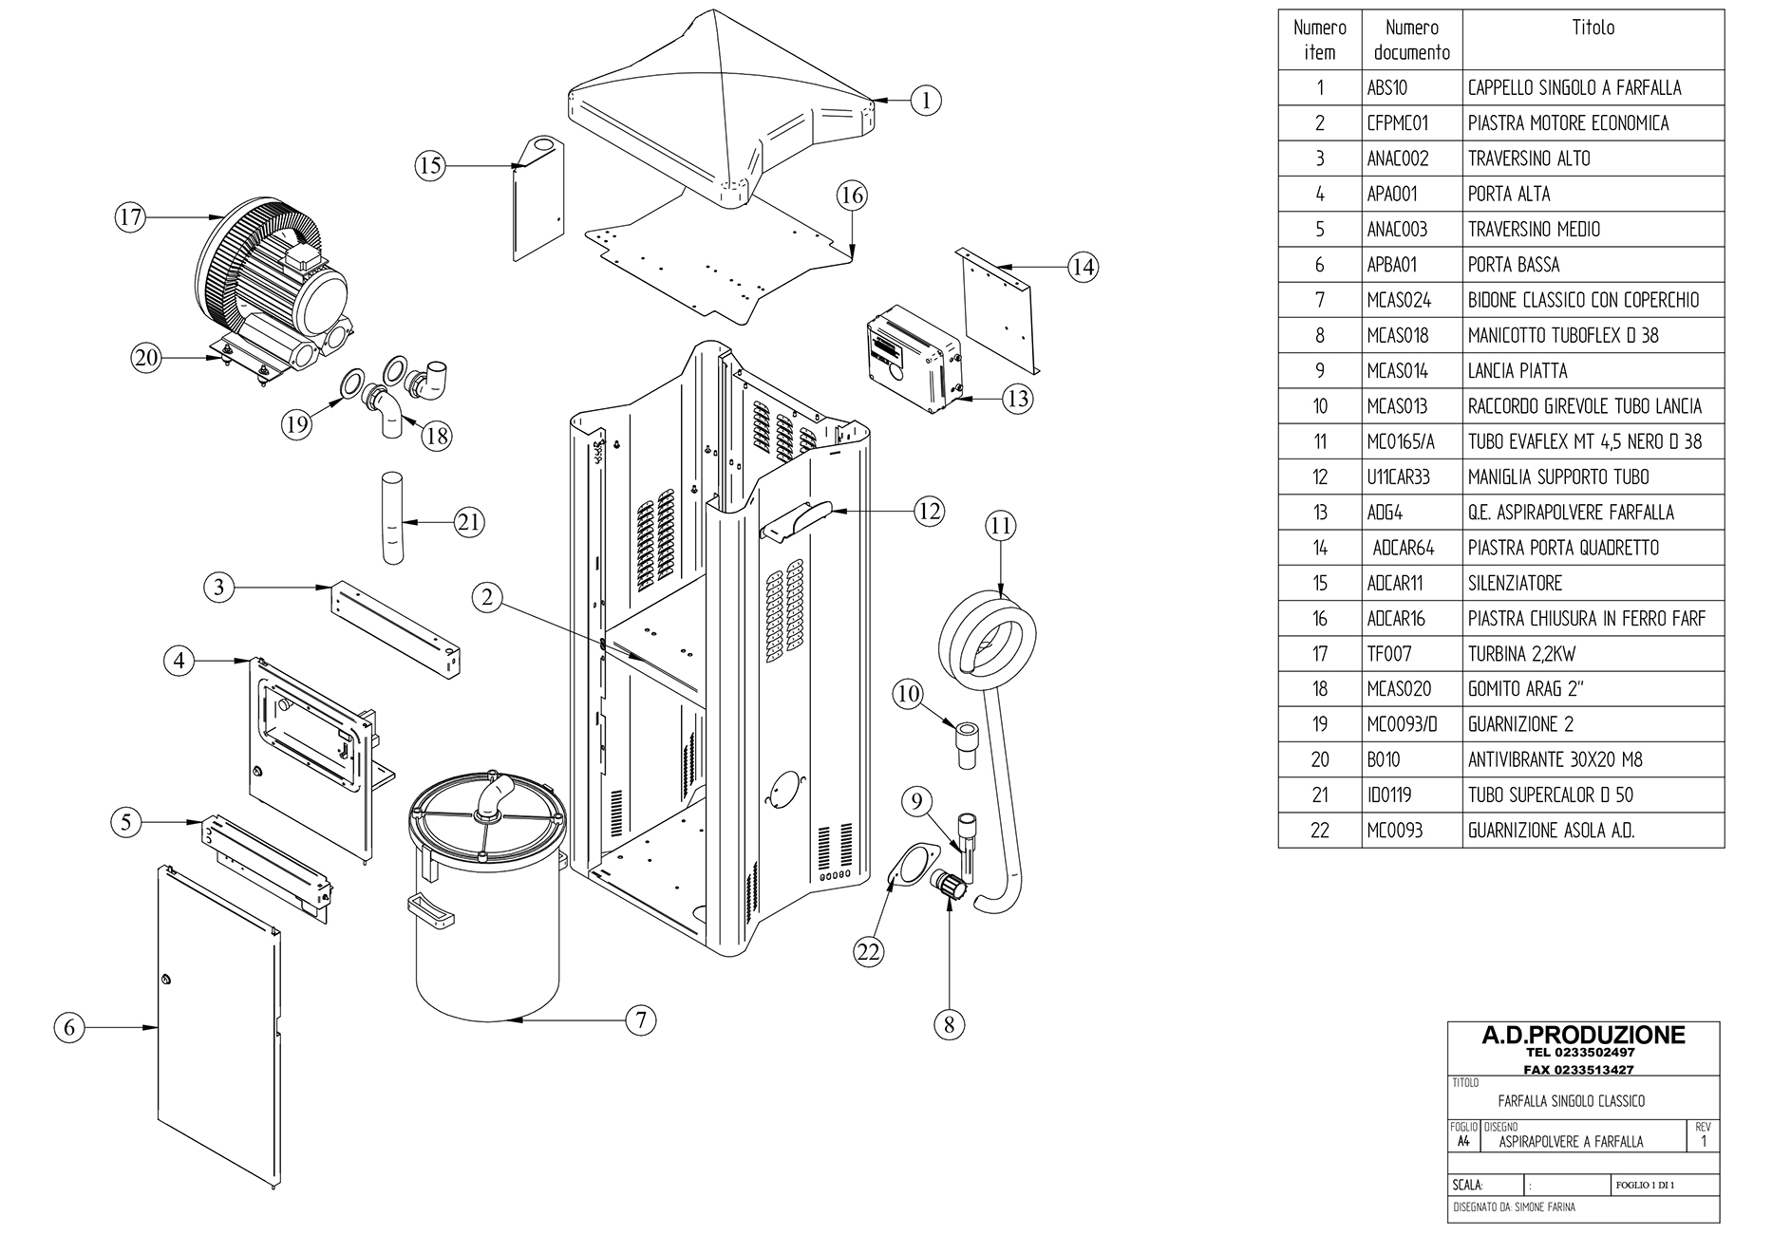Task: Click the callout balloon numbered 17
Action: [130, 217]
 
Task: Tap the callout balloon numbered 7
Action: [641, 1020]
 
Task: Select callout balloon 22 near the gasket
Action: [869, 951]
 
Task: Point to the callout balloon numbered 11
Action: [1000, 526]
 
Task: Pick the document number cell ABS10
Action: [1387, 88]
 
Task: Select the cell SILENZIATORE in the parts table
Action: [1515, 583]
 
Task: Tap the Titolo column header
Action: [1593, 28]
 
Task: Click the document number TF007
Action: [1389, 654]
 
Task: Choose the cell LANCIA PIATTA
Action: [1518, 371]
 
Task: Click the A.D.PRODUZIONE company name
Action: [1583, 1036]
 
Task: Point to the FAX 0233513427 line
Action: [1583, 1069]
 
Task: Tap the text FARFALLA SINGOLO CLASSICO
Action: [1571, 1101]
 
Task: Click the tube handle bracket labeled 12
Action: [794, 520]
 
